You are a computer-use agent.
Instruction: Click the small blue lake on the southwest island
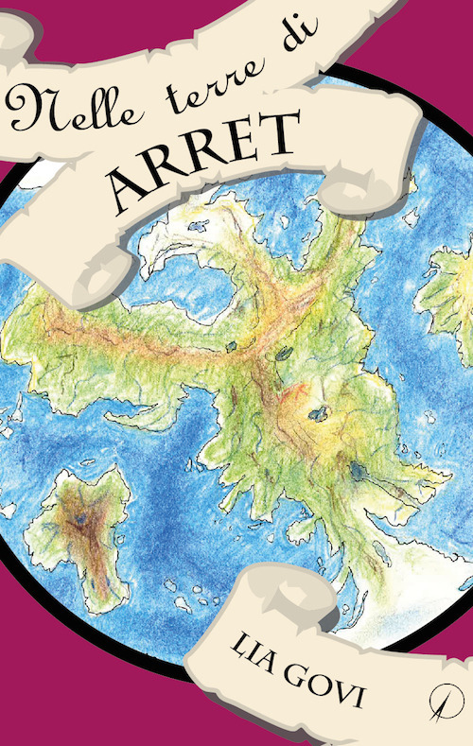[x=83, y=518]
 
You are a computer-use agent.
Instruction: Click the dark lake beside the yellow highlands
[x=319, y=413]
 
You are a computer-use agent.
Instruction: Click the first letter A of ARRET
[x=129, y=189]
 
